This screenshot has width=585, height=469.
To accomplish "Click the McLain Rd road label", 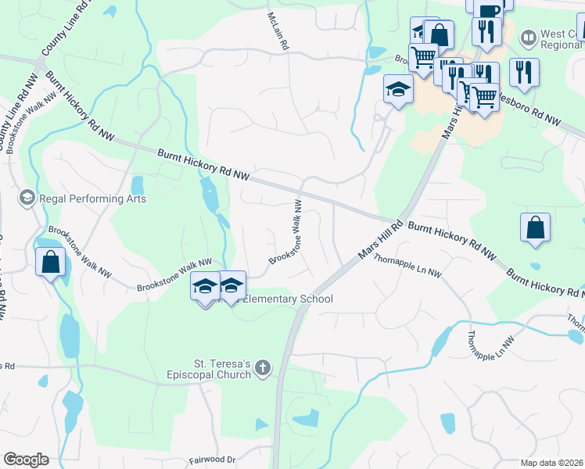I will [277, 31].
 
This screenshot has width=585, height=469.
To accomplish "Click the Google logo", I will [26, 460].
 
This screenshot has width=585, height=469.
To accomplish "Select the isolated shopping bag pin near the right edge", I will [536, 227].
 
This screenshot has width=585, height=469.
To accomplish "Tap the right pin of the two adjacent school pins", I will [231, 285].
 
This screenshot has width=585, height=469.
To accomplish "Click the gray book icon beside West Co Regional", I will [529, 37].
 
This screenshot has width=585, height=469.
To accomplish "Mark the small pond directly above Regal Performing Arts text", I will [138, 185].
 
